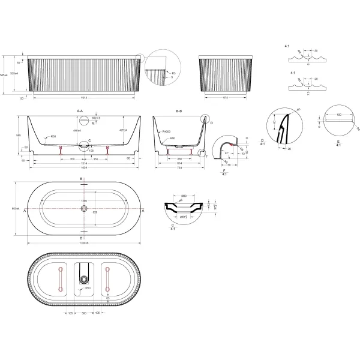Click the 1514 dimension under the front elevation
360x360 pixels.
tap(84, 98)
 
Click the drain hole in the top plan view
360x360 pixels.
tap(84, 209)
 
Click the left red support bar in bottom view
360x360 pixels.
tap(61, 279)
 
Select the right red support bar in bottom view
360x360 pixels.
tap(108, 280)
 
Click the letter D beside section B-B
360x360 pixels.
tap(211, 121)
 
